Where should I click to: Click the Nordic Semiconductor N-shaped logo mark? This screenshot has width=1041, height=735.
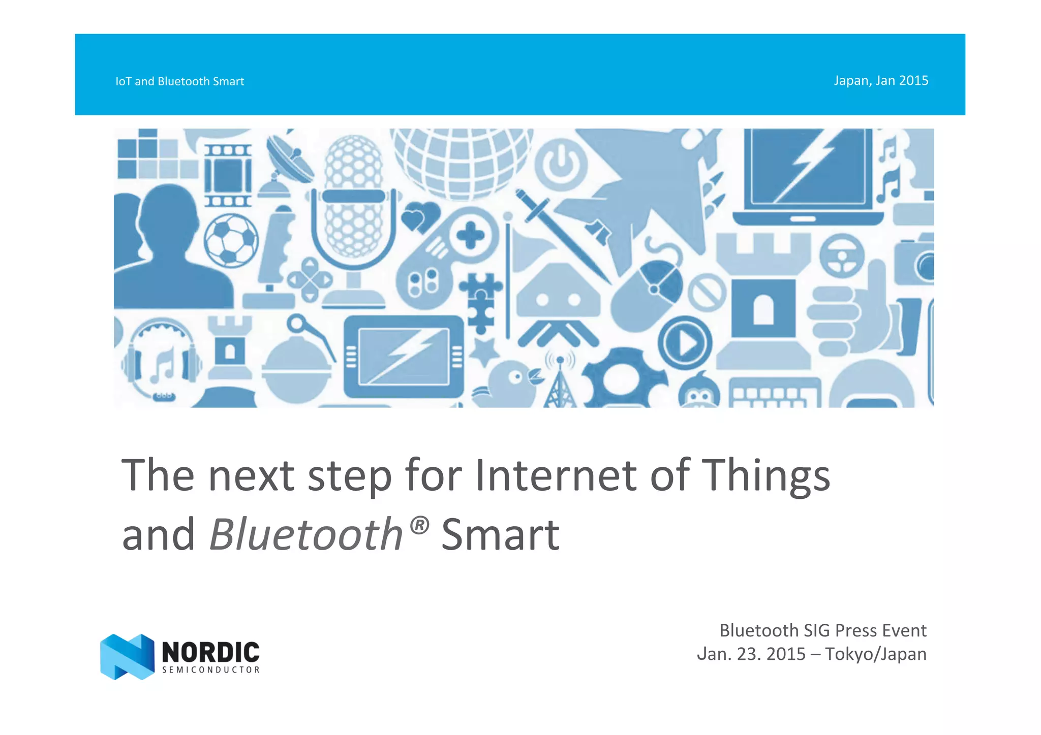[x=127, y=656]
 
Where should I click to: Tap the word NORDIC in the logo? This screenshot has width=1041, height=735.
[x=210, y=652]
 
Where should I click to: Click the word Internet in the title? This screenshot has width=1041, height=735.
[x=555, y=475]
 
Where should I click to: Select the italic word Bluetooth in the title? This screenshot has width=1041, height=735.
[x=306, y=534]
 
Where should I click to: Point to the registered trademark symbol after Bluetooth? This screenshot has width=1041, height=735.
[x=419, y=525]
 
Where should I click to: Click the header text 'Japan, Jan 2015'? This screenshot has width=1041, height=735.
[x=880, y=81]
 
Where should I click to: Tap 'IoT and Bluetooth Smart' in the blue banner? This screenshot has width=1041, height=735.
[x=179, y=81]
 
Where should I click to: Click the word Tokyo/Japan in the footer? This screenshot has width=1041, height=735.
[x=875, y=654]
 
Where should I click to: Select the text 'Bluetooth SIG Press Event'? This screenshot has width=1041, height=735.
[x=822, y=630]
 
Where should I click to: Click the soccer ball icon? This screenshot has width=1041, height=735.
[x=231, y=240]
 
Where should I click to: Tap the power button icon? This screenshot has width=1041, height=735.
[x=561, y=165]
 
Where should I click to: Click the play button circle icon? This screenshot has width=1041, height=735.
[x=685, y=342]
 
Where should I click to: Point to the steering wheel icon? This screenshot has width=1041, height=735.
[x=841, y=255]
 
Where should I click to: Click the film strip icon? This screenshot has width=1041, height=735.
[x=228, y=175]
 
